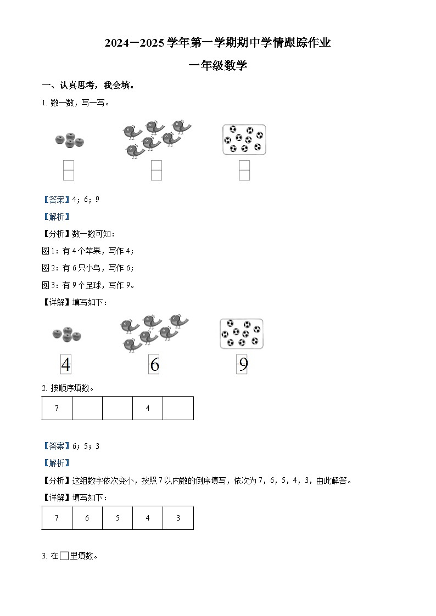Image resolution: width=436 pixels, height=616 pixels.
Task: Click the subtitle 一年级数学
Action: pos(217,66)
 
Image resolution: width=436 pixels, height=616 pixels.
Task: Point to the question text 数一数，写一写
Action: pos(80,103)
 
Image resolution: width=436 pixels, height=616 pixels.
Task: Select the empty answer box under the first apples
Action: pos(69,170)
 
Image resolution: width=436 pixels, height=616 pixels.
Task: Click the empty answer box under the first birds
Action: pos(156,170)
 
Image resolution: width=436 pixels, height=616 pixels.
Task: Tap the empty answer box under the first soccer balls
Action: pos(244,170)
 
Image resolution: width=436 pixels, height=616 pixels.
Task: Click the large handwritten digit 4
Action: pos(66,365)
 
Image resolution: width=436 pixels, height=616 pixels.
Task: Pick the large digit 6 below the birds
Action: pos(154,365)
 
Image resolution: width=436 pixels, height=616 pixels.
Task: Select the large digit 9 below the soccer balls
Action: pos(243,365)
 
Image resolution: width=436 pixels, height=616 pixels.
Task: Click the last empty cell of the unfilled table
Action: pos(178,408)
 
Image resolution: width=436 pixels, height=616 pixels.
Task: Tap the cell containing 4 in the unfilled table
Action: pos(148,408)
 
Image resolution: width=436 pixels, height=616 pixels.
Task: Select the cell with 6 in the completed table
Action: pos(87,518)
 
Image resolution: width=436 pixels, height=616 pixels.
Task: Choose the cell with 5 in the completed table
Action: pos(118,518)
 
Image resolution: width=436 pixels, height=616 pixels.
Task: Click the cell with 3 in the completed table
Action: pos(178,518)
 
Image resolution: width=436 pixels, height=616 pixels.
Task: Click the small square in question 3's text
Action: pos(64,556)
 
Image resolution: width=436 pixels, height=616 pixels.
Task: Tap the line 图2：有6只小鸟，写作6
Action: pos(88,268)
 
